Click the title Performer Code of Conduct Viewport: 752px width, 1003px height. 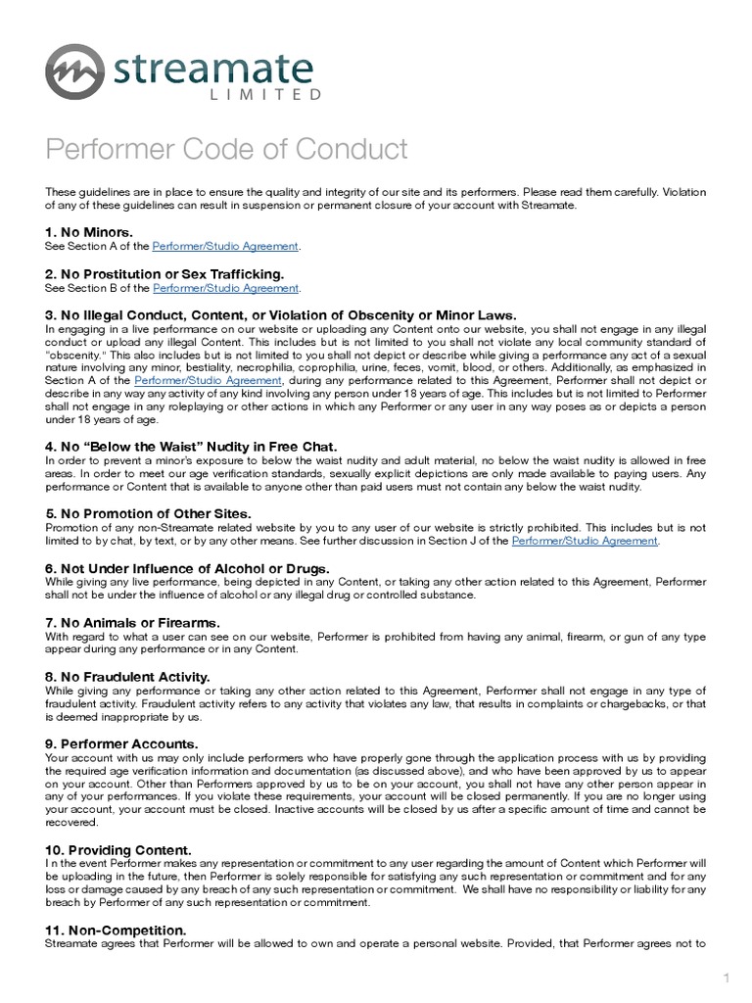click(x=226, y=150)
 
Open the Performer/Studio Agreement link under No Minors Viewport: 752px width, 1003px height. click(x=226, y=245)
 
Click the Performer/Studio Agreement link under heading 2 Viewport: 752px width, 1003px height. click(x=225, y=288)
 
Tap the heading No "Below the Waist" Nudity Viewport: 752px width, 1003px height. click(x=186, y=447)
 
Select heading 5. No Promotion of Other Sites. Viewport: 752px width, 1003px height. click(x=148, y=513)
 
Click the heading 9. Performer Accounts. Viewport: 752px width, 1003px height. click(x=121, y=743)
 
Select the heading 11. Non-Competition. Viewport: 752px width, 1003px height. click(x=117, y=929)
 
